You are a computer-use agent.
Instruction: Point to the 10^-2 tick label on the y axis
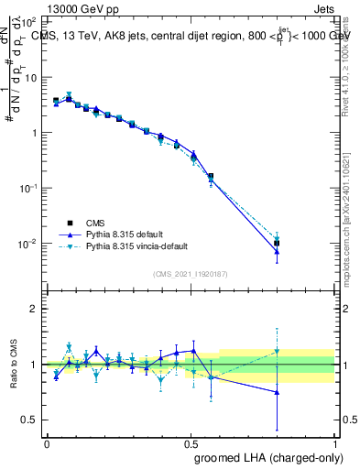(x=27, y=244)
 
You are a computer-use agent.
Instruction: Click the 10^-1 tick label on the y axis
(x=27, y=188)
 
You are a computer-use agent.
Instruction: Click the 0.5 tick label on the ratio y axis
(x=30, y=420)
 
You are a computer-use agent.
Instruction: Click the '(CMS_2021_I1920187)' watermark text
(x=191, y=273)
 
